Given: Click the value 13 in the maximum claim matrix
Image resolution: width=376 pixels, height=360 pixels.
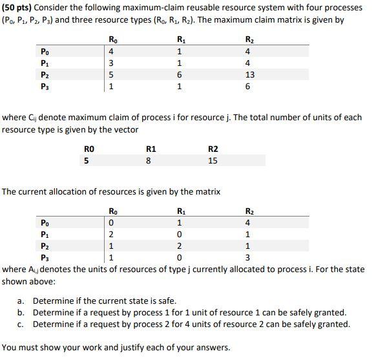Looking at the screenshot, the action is [250, 74].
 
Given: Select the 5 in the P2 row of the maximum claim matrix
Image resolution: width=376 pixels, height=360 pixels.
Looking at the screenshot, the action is [112, 74].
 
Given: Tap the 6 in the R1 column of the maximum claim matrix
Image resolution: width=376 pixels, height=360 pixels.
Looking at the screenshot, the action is [178, 74].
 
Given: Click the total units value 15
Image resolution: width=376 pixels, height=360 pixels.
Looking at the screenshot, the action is [213, 160].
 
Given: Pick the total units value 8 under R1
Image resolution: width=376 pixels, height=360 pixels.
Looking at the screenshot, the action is [149, 160].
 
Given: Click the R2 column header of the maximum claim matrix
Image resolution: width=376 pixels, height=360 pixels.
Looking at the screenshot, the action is [250, 39].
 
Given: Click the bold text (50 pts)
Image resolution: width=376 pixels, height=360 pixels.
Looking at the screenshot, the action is [21, 8].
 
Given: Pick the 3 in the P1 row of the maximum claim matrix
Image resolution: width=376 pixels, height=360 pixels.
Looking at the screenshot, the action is [112, 63].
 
